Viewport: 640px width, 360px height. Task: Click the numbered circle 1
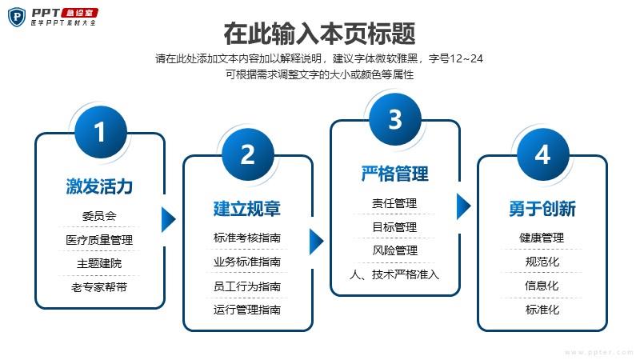[x=101, y=132]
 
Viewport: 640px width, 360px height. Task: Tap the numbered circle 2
[x=248, y=154]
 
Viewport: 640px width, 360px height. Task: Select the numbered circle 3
[x=395, y=119]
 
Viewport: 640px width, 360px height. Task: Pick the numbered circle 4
[x=543, y=154]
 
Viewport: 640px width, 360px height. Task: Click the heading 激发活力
[x=99, y=186]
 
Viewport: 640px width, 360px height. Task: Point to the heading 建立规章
[x=247, y=209]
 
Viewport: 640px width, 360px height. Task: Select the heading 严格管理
[x=394, y=174]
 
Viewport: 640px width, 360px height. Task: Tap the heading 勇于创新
[x=542, y=209]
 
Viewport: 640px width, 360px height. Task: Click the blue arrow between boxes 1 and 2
[x=168, y=219]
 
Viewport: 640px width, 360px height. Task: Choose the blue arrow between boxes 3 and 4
[x=463, y=206]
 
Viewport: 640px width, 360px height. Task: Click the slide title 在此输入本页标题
[x=319, y=34]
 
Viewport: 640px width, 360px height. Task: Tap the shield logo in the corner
[x=17, y=17]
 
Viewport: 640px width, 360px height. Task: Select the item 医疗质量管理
[x=99, y=239]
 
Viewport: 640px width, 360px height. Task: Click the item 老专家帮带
[x=99, y=287]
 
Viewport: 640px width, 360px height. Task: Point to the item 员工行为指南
[x=247, y=286]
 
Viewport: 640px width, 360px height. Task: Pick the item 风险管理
[x=394, y=250]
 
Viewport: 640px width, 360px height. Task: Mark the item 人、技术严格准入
[x=394, y=274]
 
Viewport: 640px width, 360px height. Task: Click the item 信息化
[x=542, y=286]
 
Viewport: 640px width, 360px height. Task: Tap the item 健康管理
[x=542, y=238]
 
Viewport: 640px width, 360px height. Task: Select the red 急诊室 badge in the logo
[x=79, y=13]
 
